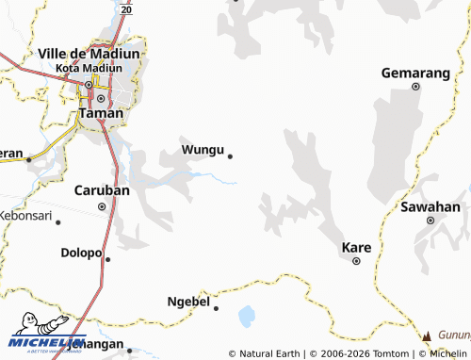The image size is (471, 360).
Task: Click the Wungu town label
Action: [x=203, y=150]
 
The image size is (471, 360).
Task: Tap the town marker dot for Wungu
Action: [x=230, y=156]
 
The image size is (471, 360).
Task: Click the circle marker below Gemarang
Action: [x=415, y=87]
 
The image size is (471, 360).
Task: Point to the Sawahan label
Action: [x=430, y=206]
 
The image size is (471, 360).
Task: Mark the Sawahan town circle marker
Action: [x=430, y=221]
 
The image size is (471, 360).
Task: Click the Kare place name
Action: [x=355, y=248]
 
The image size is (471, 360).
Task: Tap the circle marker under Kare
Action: [x=356, y=261]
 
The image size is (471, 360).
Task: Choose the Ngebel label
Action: [x=187, y=302]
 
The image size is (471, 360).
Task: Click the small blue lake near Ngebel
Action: [x=247, y=316]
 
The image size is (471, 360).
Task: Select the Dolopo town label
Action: [x=80, y=253]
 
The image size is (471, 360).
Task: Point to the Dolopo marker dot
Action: [x=107, y=259]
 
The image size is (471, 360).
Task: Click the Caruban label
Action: [x=102, y=190]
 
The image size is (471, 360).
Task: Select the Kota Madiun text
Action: [x=89, y=69]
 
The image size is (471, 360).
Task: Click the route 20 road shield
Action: [x=126, y=8]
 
